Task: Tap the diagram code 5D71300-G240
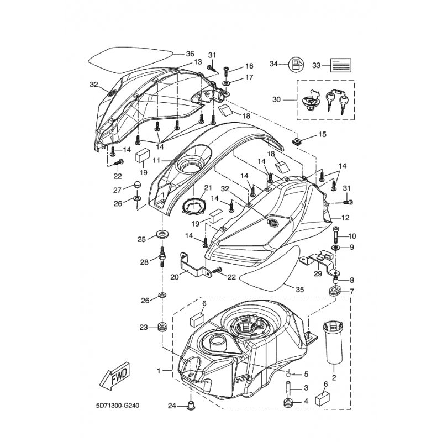118,406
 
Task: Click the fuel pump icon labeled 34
297,65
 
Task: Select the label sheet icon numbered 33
341,65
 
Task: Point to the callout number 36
190,54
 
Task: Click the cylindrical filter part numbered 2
334,345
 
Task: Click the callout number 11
156,161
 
